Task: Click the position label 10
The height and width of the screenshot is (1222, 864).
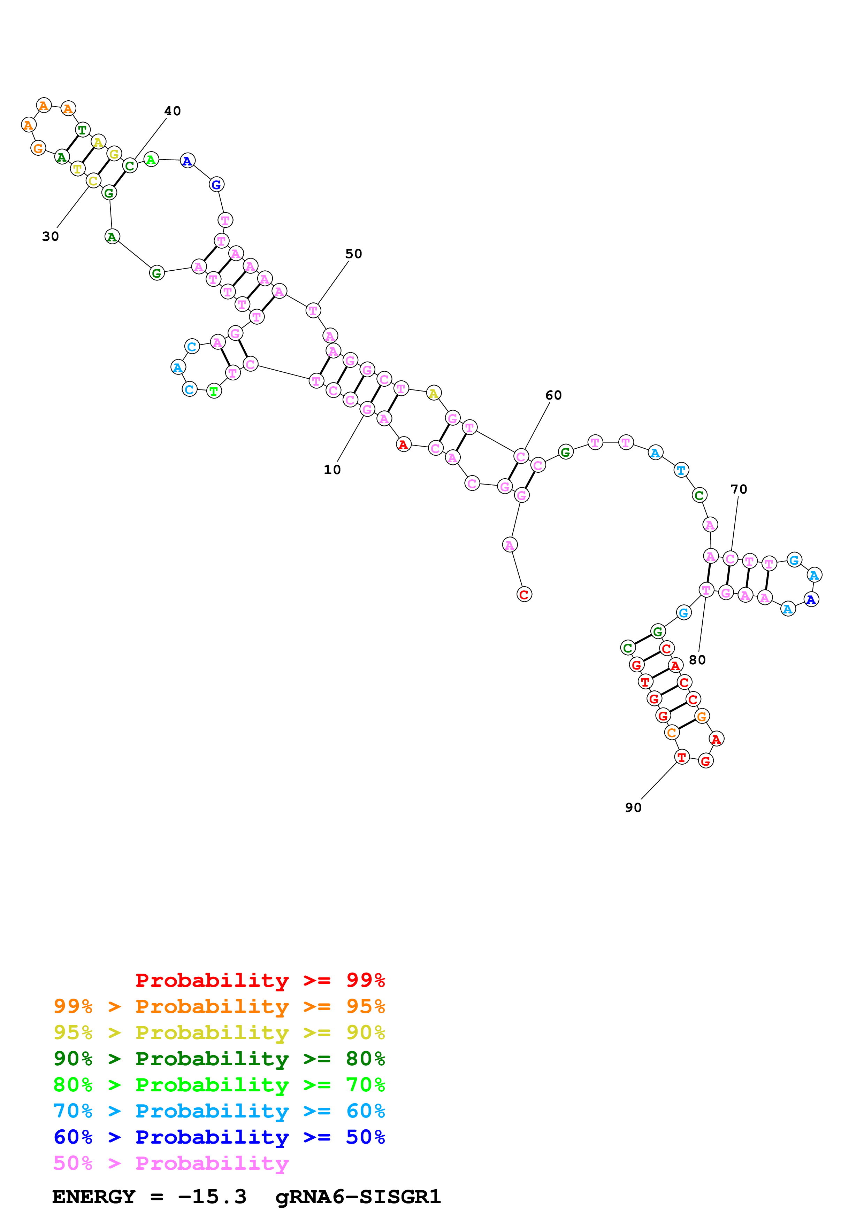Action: tap(332, 470)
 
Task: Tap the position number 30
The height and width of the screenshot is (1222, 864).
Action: tap(51, 236)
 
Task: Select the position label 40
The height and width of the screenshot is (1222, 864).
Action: tap(173, 111)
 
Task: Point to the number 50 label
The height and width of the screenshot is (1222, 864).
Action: tap(353, 254)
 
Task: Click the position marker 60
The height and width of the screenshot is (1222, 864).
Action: tap(554, 395)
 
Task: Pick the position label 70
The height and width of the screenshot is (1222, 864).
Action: tap(739, 489)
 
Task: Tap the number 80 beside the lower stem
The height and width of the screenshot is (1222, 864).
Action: tap(697, 660)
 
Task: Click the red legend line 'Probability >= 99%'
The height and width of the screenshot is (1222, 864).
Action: tap(260, 980)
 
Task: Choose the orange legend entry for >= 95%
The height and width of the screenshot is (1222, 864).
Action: tap(219, 1006)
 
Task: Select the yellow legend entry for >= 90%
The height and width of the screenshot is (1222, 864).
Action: tap(219, 1032)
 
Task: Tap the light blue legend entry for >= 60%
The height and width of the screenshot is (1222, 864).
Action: tap(219, 1111)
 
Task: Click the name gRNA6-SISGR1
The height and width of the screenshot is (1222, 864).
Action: tap(358, 1197)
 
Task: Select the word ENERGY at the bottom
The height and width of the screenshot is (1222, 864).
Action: tap(94, 1197)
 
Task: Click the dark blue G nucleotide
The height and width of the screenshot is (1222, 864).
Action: tap(216, 185)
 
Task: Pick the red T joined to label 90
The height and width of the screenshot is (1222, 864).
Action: tap(681, 757)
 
